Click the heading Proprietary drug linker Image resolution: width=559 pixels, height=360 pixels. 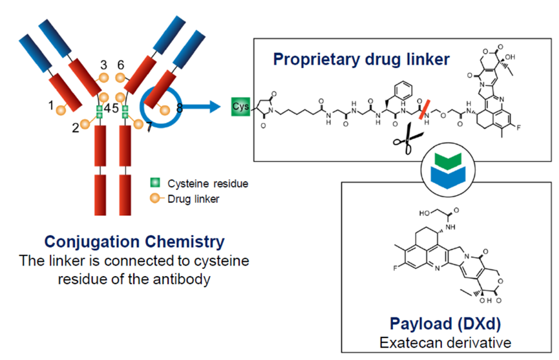point(361,59)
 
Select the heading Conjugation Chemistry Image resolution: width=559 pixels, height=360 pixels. point(134,242)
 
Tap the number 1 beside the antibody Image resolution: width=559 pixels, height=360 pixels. point(51,103)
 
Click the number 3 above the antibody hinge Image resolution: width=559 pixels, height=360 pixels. point(103,65)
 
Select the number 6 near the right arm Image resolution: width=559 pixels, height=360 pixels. point(121,65)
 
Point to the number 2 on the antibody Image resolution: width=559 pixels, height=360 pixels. point(76,127)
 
